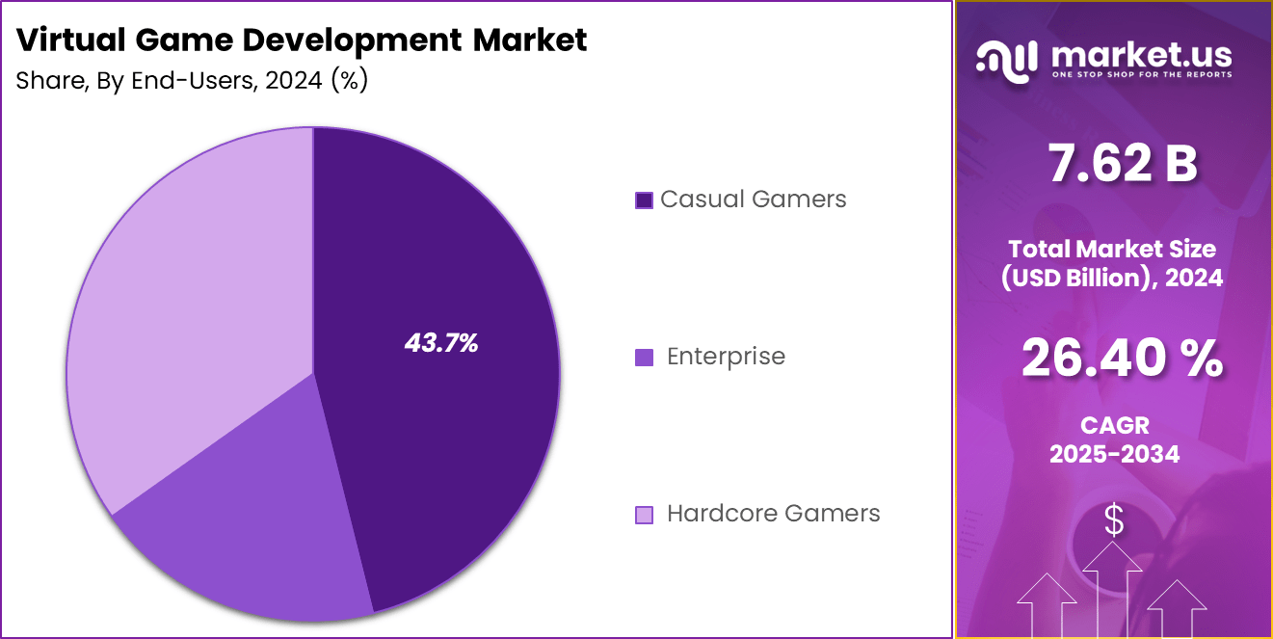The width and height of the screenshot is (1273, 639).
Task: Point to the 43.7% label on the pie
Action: pos(441,342)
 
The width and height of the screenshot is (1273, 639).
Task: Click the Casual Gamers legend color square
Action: pos(644,200)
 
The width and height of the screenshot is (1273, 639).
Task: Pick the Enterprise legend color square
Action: pos(644,358)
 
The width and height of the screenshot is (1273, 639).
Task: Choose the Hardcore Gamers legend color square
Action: pos(644,515)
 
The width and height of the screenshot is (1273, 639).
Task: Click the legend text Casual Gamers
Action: pos(753,200)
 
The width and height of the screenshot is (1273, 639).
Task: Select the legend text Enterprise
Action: pos(726,357)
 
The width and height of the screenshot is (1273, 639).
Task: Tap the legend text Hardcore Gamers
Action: pos(773,514)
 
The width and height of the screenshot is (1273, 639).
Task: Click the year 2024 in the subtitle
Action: pos(294,81)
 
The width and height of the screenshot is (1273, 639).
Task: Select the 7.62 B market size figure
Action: pos(1122,165)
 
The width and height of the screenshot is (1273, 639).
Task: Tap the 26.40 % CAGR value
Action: pos(1122,359)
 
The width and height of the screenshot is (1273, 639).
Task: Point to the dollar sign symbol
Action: pos(1114,521)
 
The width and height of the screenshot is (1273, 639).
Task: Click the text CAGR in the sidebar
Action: pos(1114,425)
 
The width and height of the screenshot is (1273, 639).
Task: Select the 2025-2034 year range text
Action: pos(1114,454)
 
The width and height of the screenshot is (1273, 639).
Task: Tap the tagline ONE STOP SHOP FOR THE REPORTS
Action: pos(1142,74)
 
